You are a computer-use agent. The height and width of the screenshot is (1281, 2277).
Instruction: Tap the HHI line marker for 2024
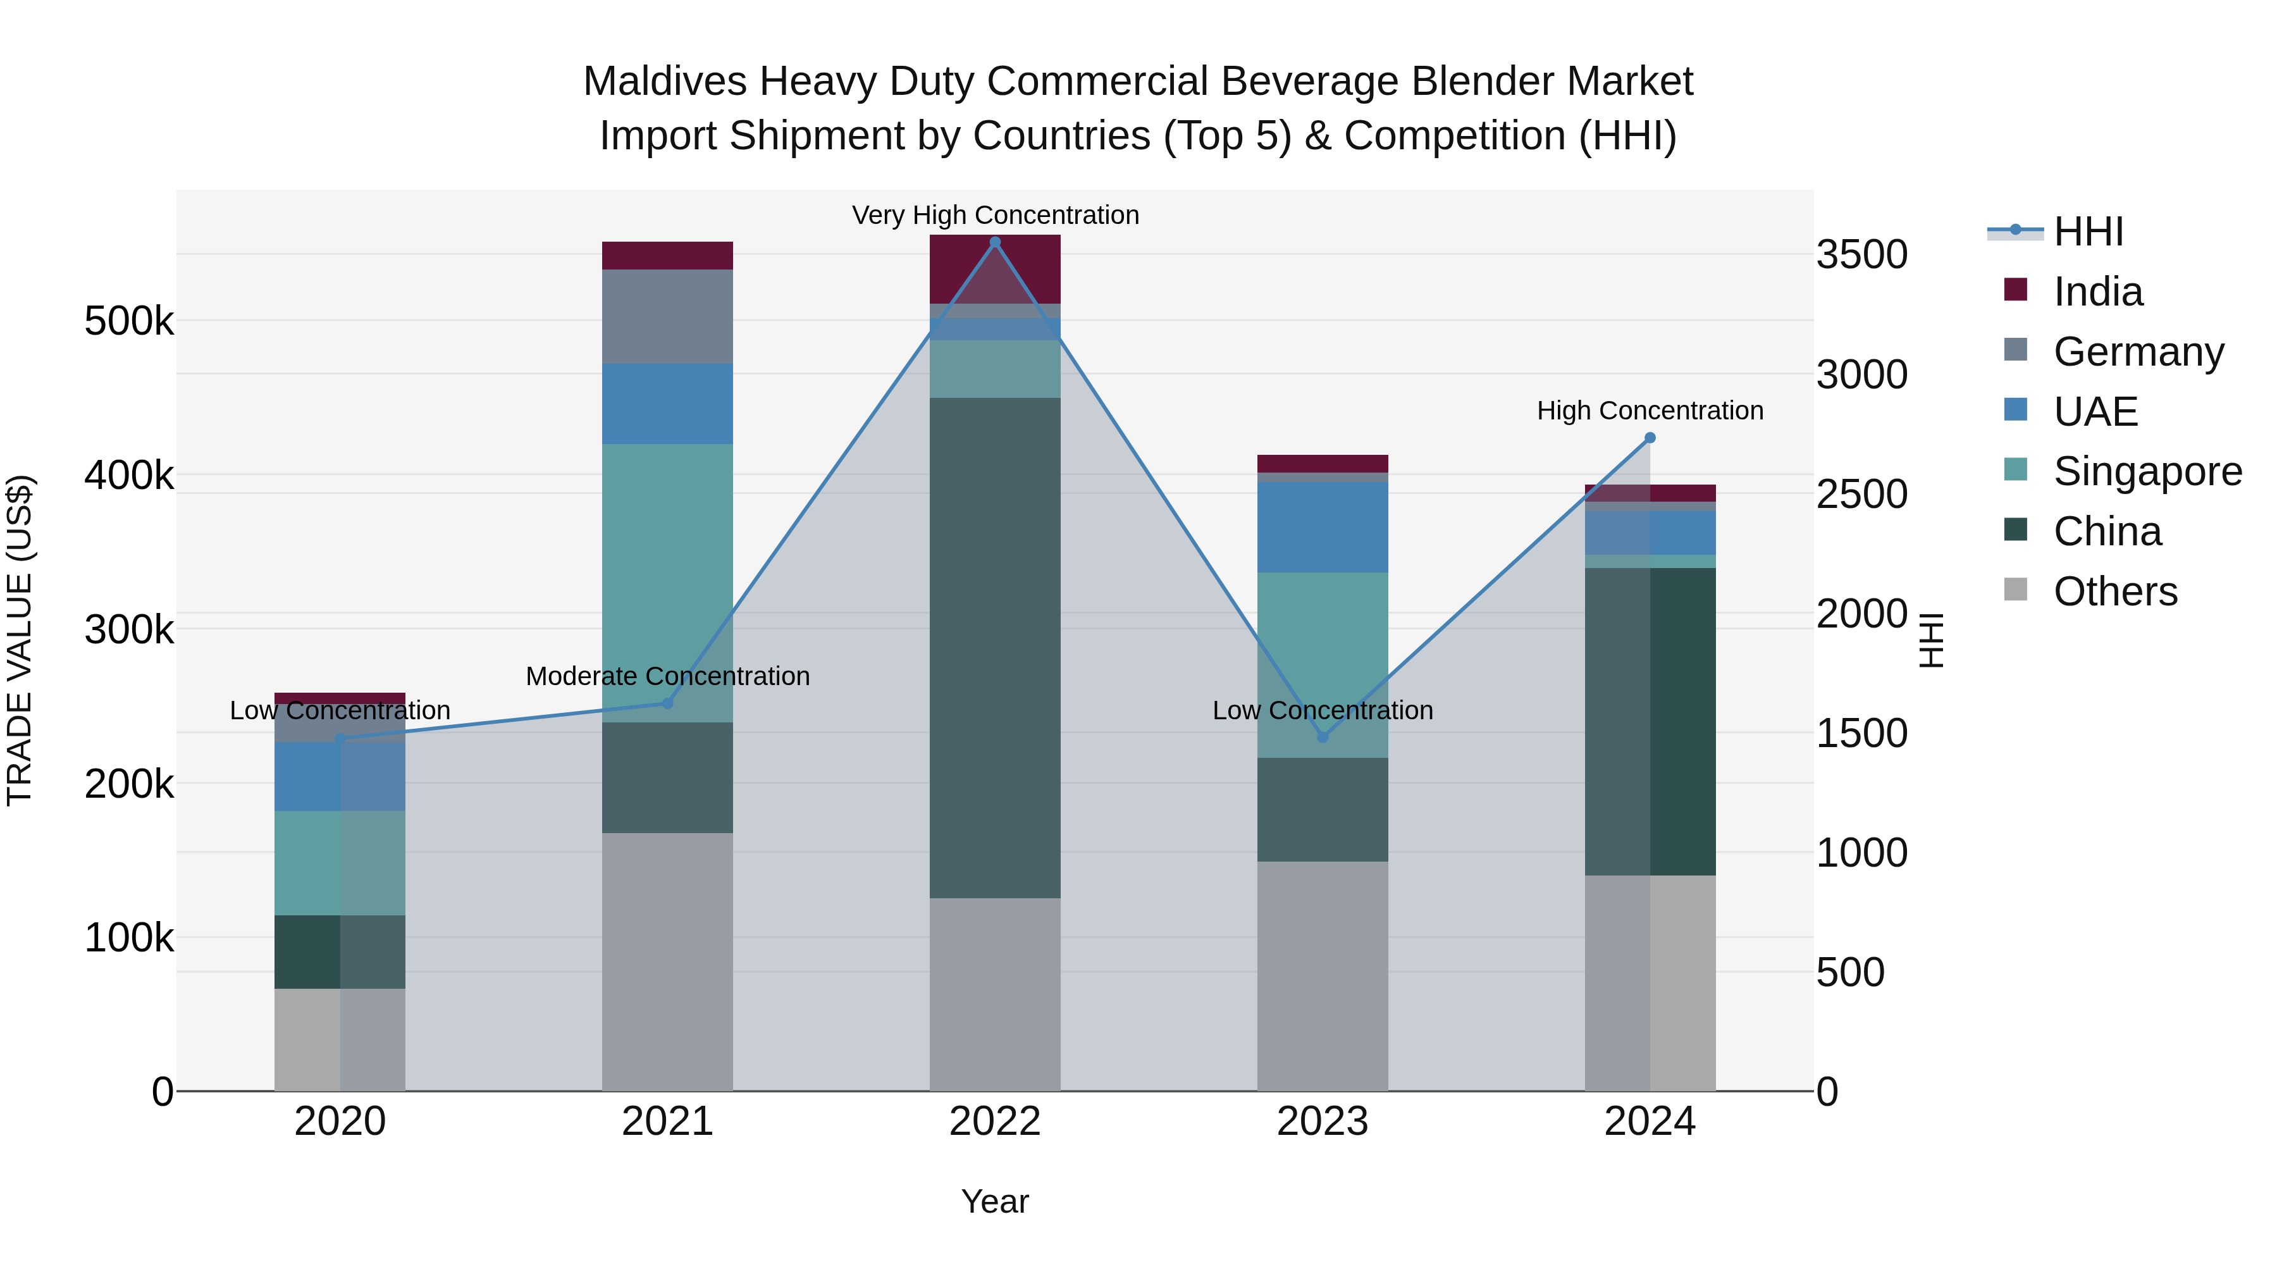[1650, 438]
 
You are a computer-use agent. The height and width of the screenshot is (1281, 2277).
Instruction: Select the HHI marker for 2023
[1323, 738]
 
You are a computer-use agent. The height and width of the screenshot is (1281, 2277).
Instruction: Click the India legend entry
[2097, 292]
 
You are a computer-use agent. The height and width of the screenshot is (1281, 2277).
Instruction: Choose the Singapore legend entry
[2146, 471]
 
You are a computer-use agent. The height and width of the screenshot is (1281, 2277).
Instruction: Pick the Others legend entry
[2114, 591]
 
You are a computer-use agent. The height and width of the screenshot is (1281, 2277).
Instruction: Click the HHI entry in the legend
[2088, 232]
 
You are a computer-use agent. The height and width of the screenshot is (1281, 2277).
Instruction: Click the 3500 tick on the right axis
[1861, 254]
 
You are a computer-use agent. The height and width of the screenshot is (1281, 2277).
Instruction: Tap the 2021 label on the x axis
[667, 1122]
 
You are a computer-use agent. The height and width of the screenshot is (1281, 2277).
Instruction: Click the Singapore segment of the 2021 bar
[667, 583]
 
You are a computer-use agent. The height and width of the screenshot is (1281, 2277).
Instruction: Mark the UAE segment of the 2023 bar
[1323, 527]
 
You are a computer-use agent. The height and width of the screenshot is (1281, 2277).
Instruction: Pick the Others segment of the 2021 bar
[667, 961]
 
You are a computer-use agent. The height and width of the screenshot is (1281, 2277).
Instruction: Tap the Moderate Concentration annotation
[667, 676]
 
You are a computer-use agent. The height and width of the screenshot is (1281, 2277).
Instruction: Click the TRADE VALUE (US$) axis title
[20, 640]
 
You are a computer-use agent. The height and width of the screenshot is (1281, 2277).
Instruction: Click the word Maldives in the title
[665, 82]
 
